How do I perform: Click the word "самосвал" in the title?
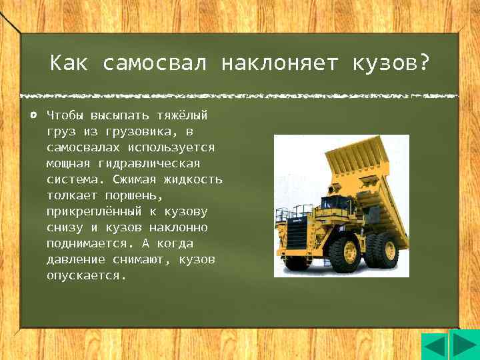click(x=155, y=65)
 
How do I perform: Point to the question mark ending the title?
click(x=423, y=65)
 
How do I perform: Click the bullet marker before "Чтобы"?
click(x=33, y=115)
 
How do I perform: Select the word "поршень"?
click(x=133, y=195)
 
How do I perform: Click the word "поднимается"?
click(x=85, y=243)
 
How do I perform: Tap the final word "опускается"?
click(x=85, y=275)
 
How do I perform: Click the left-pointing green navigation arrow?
click(x=435, y=347)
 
